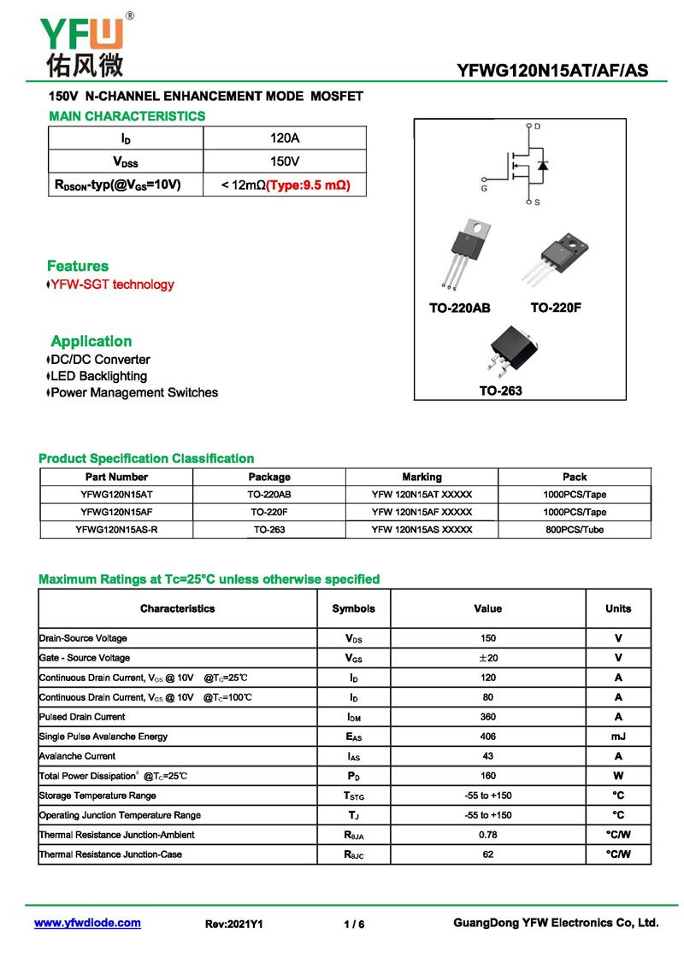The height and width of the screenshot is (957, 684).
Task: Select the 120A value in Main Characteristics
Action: point(285,138)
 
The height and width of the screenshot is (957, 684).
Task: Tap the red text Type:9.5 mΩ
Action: point(308,185)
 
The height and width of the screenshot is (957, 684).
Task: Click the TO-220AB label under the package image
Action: point(459,308)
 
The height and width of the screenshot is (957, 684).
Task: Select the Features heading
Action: point(78,266)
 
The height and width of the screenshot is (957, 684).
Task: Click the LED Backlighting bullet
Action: point(98,376)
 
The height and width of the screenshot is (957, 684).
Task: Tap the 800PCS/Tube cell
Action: point(575,530)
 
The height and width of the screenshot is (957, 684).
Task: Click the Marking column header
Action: point(422,477)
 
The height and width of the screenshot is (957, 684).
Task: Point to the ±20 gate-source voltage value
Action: point(487,658)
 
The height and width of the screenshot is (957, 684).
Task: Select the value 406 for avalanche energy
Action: point(487,737)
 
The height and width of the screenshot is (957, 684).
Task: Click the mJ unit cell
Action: point(618,737)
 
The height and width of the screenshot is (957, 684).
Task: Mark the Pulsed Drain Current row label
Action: point(82,717)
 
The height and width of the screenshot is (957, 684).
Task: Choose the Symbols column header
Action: point(353,609)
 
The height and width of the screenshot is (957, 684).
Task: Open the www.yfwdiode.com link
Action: point(87,923)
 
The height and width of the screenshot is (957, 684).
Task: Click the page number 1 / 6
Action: point(354,924)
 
